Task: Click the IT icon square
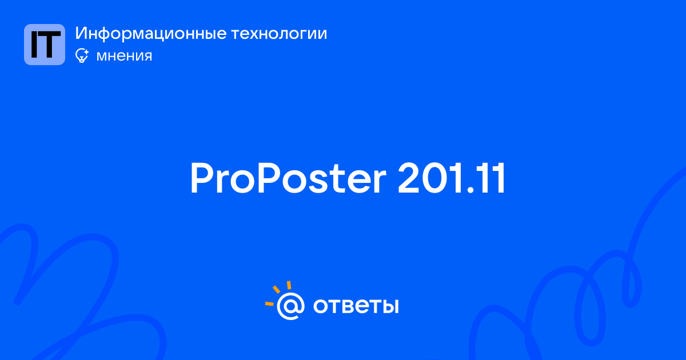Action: coord(45,45)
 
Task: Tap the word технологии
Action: coord(279,34)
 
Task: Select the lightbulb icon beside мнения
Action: coord(82,56)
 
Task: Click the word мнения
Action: coord(124,56)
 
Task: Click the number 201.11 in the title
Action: coord(451,178)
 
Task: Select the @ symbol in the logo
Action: coord(290,306)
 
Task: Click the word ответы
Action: coord(356,306)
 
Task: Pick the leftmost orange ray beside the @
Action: coord(269,303)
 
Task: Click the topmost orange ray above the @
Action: coord(289,285)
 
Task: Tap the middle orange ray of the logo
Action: coord(276,289)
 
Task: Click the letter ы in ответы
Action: coord(390,306)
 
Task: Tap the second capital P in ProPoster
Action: coord(269,178)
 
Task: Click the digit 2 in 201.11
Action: coord(410,178)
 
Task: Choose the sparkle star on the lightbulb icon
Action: coord(86,52)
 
